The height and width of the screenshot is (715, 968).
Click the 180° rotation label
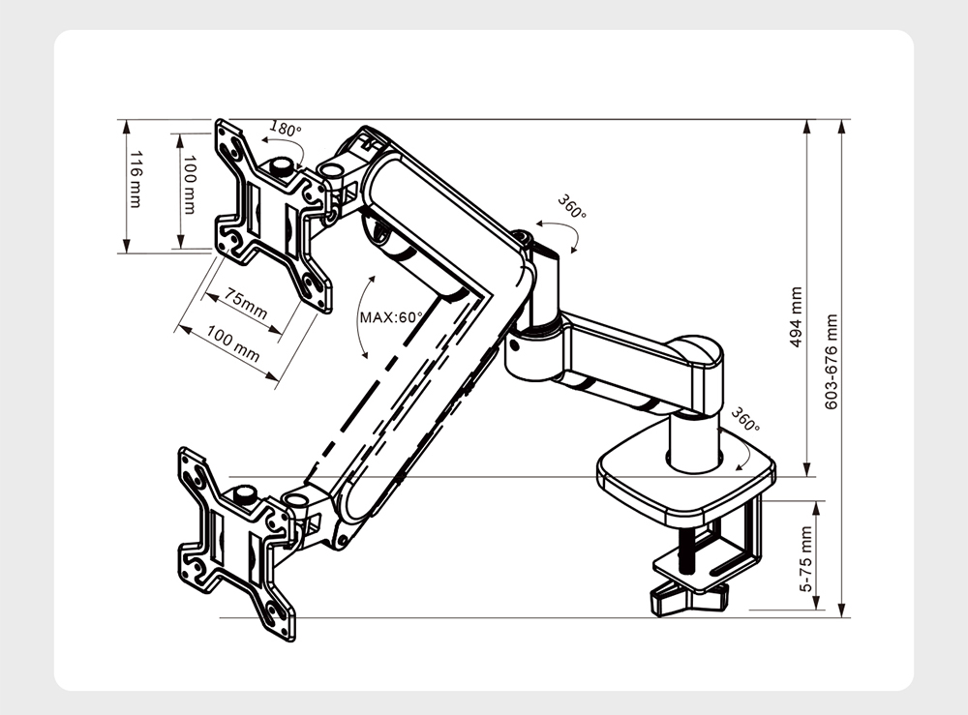[285, 129]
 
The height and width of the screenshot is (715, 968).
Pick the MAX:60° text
[392, 316]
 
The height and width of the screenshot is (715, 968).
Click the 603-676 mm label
[831, 360]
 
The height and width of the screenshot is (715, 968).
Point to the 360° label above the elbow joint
[571, 207]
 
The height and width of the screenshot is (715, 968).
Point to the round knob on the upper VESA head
[284, 167]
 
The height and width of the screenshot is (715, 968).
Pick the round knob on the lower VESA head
[244, 496]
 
